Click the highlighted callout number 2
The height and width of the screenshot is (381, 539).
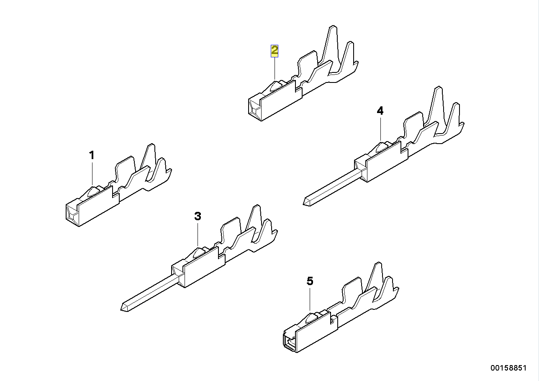[x=274, y=51]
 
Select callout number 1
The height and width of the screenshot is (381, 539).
[x=92, y=155]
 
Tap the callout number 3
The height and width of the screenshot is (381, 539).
[x=198, y=216]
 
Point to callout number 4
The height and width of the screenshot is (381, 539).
[x=380, y=111]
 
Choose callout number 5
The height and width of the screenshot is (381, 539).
[x=310, y=281]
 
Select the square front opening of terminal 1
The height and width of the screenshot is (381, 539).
[x=72, y=214]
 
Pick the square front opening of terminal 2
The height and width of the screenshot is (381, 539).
[x=254, y=108]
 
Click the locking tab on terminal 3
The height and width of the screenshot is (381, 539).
[x=198, y=253]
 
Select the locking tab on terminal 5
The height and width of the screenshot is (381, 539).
[x=311, y=318]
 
